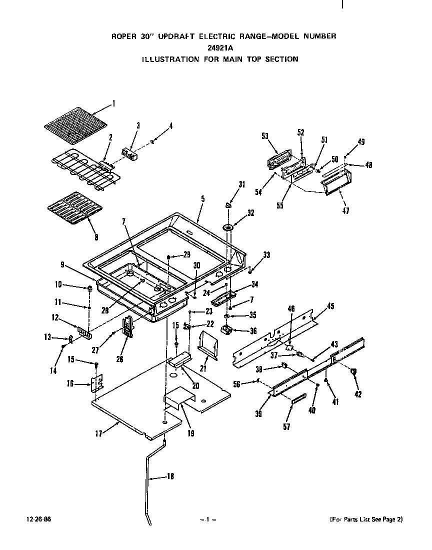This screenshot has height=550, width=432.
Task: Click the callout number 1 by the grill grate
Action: click(113, 104)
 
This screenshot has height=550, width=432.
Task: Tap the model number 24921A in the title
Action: click(220, 47)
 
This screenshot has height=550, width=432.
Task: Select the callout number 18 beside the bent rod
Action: click(170, 476)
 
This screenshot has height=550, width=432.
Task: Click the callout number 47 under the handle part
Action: click(346, 211)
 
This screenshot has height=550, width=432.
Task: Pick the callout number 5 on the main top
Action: click(202, 198)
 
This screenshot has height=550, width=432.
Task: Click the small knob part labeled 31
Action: click(228, 203)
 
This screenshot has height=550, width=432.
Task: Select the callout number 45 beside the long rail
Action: click(330, 306)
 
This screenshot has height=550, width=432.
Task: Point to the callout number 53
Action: click(265, 135)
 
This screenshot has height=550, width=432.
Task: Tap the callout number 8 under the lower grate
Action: click(96, 237)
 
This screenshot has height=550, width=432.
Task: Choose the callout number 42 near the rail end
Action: click(357, 394)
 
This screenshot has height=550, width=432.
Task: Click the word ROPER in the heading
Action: click(122, 36)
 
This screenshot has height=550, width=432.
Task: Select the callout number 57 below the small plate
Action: click(286, 426)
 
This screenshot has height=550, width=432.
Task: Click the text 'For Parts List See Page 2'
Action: click(366, 519)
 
